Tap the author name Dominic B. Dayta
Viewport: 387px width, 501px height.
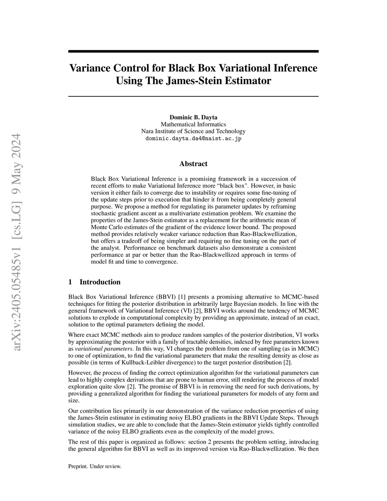[193, 117]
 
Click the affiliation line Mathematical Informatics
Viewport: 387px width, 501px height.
[193, 124]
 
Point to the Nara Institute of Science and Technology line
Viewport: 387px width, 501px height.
[193, 131]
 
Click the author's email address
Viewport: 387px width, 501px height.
[193, 138]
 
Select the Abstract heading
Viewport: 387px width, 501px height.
[193, 164]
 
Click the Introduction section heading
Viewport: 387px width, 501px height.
[100, 282]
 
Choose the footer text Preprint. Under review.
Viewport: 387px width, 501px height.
[94, 467]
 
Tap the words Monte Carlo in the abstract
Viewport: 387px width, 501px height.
[104, 227]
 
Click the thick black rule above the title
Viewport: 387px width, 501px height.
[193, 51]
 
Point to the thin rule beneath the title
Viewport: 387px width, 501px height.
[193, 97]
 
